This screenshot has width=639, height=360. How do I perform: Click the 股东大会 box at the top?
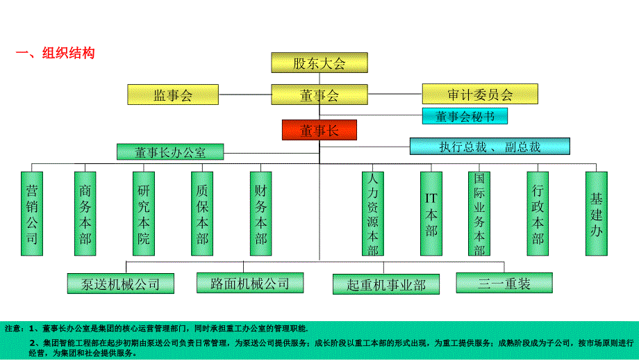319,63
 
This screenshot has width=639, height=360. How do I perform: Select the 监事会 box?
172,95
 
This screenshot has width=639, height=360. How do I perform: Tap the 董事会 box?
319,95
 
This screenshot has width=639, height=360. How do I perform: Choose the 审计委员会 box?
480,95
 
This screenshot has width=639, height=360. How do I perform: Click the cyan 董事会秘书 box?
465,116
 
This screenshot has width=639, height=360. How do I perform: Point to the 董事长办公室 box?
170,152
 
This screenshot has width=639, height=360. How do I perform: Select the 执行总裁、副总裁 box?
490,146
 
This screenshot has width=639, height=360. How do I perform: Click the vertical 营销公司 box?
32,214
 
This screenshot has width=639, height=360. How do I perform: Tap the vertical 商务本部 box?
85,214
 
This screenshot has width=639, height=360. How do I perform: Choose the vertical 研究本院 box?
143,214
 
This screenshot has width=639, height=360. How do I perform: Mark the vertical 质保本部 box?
202,214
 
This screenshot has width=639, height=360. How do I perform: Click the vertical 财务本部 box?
260,214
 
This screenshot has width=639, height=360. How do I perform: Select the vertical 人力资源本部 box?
373,214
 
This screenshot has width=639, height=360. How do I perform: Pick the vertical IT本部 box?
431,214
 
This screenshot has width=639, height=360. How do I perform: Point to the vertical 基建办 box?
596,214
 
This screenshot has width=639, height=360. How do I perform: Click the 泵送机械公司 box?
120,284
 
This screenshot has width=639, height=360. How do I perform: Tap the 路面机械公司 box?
250,283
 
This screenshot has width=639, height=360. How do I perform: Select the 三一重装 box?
504,283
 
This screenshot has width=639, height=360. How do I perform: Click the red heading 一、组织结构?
55,53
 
